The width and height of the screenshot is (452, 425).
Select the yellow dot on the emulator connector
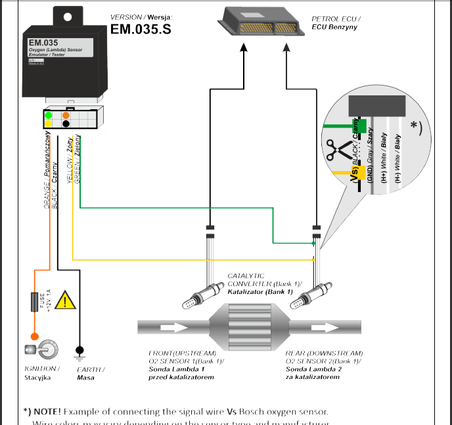click(x=48, y=124)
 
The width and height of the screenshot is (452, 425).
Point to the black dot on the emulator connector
click(x=66, y=124)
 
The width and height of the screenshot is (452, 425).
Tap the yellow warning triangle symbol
click(x=65, y=302)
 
